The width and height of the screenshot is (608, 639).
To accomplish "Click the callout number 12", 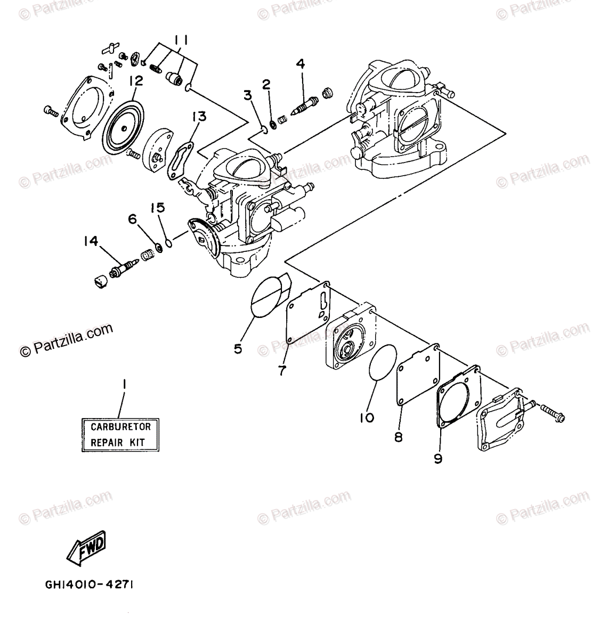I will pyautogui.click(x=135, y=81).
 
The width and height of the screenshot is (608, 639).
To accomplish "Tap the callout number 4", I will pyautogui.click(x=301, y=64).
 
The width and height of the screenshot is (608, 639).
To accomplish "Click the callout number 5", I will pyautogui.click(x=238, y=349).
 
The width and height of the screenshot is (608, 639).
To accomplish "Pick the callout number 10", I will pyautogui.click(x=367, y=417).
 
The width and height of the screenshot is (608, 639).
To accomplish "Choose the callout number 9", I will pyautogui.click(x=437, y=458).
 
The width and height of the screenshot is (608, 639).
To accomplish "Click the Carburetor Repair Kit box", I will pyautogui.click(x=120, y=434).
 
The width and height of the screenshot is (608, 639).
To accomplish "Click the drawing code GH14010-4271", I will pyautogui.click(x=90, y=585).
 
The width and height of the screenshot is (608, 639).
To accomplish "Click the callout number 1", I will pyautogui.click(x=124, y=384).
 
